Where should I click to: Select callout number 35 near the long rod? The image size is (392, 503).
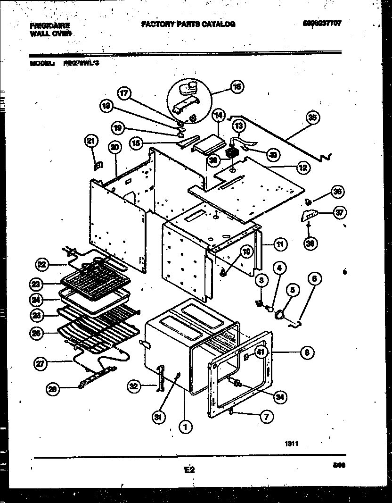pos(311,117)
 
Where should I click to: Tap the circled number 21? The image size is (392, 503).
pos(92,140)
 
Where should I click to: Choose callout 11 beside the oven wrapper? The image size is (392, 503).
pos(280,244)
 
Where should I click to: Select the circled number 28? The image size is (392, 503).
pos(53,389)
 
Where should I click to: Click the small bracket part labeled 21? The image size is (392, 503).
pos(98,165)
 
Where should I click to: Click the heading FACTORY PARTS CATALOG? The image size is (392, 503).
pos(188,24)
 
